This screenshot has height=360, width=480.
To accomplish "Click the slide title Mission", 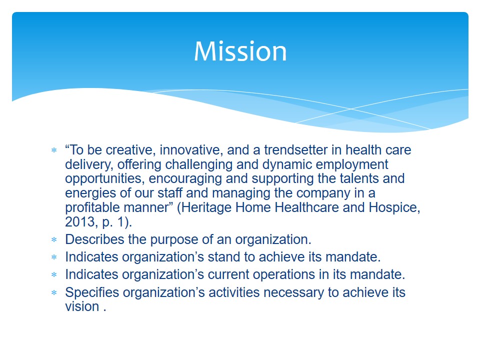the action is pyautogui.click(x=240, y=51).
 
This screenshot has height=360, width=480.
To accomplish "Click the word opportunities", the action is pyautogui.click(x=104, y=179).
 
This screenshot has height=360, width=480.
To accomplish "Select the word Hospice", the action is pyautogui.click(x=394, y=207).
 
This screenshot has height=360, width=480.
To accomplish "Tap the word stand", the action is pyautogui.click(x=224, y=257).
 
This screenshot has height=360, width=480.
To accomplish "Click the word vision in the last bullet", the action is pyautogui.click(x=82, y=306).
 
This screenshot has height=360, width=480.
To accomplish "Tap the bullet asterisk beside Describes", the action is pyautogui.click(x=54, y=239).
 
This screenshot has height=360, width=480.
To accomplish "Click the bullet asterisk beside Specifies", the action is pyautogui.click(x=54, y=292).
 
